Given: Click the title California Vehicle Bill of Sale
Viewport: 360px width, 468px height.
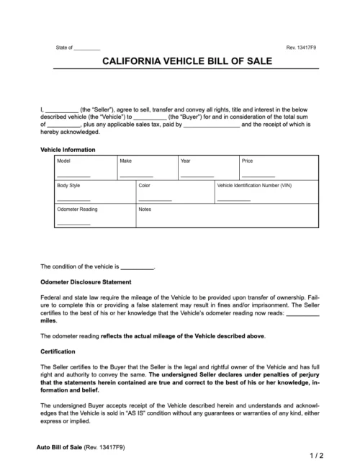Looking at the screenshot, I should pyautogui.click(x=179, y=63).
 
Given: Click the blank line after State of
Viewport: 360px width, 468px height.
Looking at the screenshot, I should pyautogui.click(x=88, y=49).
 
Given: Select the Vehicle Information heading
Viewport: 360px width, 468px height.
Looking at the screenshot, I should pyautogui.click(x=68, y=149).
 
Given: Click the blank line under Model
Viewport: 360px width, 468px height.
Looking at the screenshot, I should pyautogui.click(x=73, y=176).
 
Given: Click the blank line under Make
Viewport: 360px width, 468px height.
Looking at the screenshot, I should pyautogui.click(x=136, y=176).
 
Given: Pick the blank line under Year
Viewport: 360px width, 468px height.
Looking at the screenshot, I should pyautogui.click(x=197, y=176).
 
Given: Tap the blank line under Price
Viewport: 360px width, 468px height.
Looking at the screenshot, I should pyautogui.click(x=258, y=176).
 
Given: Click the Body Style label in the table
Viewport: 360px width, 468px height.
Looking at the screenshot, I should pyautogui.click(x=70, y=185).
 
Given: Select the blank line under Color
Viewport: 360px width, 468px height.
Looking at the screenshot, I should pyautogui.click(x=155, y=199).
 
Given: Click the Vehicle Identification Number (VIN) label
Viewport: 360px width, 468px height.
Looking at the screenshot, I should pyautogui.click(x=254, y=185).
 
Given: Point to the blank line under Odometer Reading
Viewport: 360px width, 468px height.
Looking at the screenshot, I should pyautogui.click(x=73, y=224).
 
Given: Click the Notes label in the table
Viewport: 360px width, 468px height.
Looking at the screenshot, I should pyautogui.click(x=145, y=210).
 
